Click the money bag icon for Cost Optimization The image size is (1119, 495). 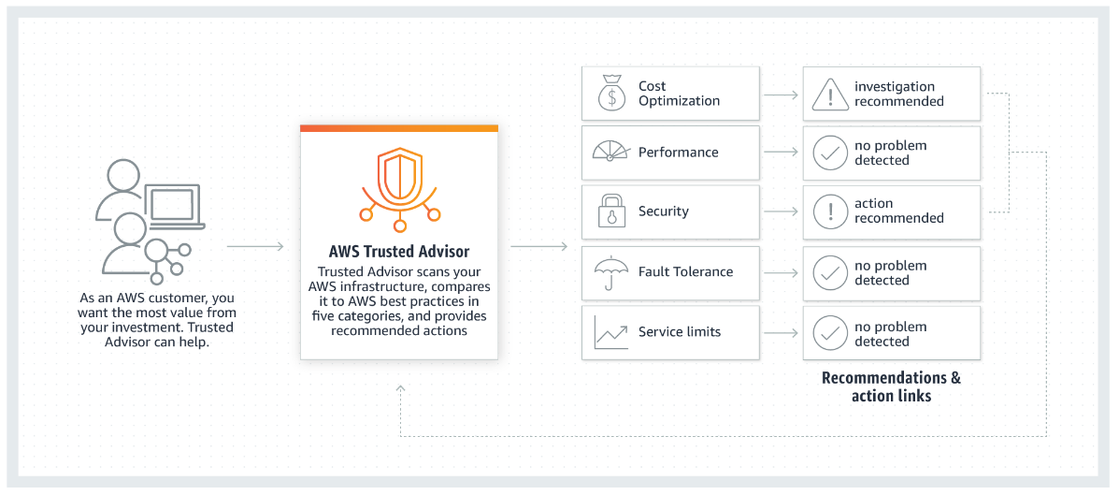[x=610, y=93]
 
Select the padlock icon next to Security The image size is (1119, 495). [x=610, y=211]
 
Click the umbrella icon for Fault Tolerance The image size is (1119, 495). [x=610, y=272]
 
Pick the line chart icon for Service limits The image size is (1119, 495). [x=610, y=332]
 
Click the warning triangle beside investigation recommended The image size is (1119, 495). [x=829, y=94]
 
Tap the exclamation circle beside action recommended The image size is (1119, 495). [x=829, y=211]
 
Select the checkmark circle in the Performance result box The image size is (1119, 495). [x=829, y=153]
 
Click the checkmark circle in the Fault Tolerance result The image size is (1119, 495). [x=829, y=272]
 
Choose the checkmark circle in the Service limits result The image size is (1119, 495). [x=829, y=333]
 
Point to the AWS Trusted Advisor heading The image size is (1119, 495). [x=399, y=252]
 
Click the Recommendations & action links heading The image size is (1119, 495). [x=891, y=386]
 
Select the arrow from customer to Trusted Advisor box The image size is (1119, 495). [x=255, y=247]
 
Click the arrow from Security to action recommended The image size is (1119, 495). [x=781, y=212]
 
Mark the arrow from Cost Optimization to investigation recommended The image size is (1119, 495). [x=781, y=95]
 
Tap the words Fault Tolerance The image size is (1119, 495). [x=685, y=272]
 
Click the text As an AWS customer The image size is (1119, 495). [x=156, y=298]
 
